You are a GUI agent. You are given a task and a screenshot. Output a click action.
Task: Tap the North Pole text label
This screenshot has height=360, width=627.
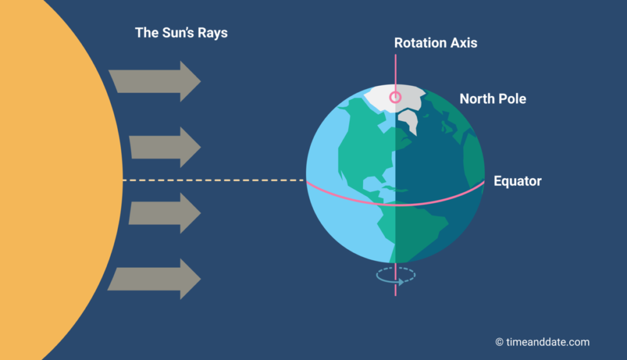coord(493,99)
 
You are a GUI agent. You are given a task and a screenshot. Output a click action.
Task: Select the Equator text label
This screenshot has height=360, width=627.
coord(517,181)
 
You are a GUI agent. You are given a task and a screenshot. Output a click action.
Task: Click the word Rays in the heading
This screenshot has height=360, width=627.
coord(213,33)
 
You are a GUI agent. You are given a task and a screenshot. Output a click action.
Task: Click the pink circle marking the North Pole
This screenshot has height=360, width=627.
coord(396,97)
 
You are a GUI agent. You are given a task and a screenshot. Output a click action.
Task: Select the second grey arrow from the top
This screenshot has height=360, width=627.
coord(164,147)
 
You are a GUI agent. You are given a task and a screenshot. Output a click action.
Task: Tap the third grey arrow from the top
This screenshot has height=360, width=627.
coord(164,213)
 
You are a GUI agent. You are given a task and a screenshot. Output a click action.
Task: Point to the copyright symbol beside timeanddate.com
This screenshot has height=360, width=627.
coord(499,342)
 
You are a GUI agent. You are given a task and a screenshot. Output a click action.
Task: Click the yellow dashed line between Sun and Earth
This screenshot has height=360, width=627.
coord(214,181)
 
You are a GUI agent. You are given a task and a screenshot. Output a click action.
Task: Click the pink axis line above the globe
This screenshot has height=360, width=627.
coord(396,73)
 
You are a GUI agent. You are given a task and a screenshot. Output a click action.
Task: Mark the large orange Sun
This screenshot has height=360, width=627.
coord(52,180)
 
